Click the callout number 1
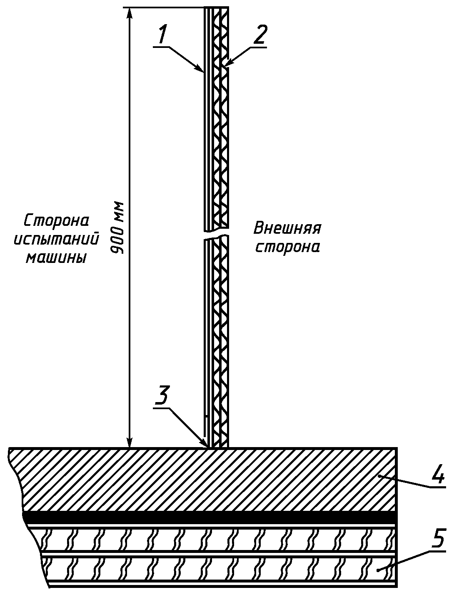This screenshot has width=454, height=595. [x=162, y=35]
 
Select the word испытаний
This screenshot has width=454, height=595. [x=57, y=239]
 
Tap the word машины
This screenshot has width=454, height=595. [x=57, y=258]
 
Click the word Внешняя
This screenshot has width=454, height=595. [x=287, y=228]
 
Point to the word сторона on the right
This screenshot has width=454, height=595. [x=287, y=247]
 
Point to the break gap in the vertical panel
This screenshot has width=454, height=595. [x=216, y=235]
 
